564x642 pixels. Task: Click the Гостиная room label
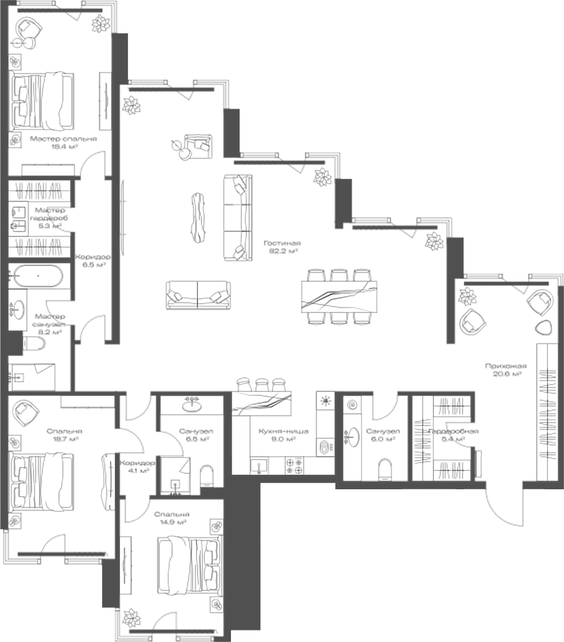point(282,243)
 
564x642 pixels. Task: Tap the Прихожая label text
point(506,366)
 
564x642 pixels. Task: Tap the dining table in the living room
point(339,296)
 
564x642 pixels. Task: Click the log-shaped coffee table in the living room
point(199,215)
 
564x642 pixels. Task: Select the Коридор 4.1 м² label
point(137,466)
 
